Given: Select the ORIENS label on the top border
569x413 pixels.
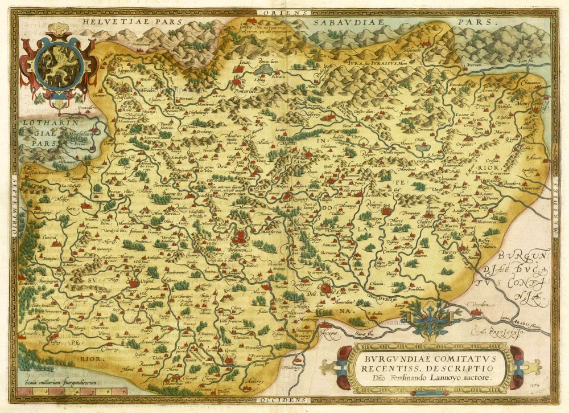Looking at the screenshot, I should (283, 12).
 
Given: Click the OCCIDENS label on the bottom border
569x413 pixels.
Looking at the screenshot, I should (282, 401).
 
